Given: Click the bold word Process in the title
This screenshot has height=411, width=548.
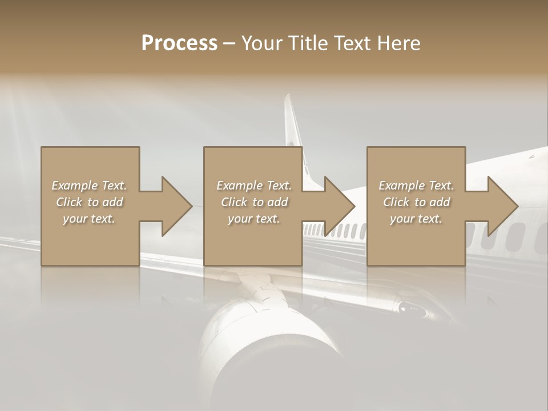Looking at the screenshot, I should (179, 43).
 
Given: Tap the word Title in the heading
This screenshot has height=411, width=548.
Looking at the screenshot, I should (308, 43).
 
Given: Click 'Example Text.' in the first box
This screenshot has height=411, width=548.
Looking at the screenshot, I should (89, 186).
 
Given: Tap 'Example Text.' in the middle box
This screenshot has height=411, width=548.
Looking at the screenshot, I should (254, 186).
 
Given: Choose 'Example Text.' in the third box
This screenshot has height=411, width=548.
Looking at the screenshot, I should (416, 186).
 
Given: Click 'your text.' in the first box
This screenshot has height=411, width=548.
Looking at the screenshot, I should (89, 219).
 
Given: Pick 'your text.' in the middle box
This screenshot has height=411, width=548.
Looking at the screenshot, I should (254, 219).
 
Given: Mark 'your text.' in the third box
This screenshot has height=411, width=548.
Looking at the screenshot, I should (416, 219).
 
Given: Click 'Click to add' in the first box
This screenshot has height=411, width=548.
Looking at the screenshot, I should (89, 202).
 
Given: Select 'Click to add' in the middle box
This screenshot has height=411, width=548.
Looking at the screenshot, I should (254, 202).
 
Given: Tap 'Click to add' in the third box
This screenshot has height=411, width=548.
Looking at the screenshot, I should (416, 202).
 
